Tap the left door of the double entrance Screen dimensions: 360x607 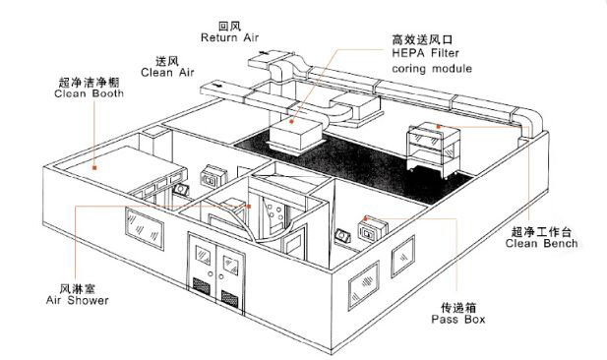(x=206, y=271)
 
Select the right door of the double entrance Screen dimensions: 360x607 (x=232, y=271)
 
